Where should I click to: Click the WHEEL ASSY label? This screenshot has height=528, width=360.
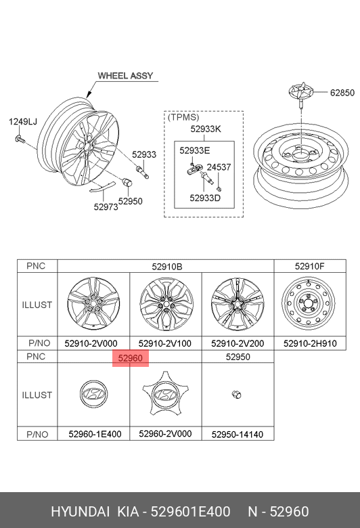click(125, 76)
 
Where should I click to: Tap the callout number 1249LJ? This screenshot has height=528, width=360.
click(23, 122)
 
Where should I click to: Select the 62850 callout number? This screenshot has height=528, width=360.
click(342, 93)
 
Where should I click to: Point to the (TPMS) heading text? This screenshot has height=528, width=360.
click(183, 117)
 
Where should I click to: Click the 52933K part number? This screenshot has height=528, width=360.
click(206, 129)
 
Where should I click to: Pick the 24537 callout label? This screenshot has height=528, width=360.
click(219, 167)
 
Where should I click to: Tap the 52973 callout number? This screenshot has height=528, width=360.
click(106, 206)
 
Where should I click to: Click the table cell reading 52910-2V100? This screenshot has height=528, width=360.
click(165, 343)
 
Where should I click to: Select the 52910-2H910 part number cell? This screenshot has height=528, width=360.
click(310, 343)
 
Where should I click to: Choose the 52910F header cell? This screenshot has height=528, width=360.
click(310, 266)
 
